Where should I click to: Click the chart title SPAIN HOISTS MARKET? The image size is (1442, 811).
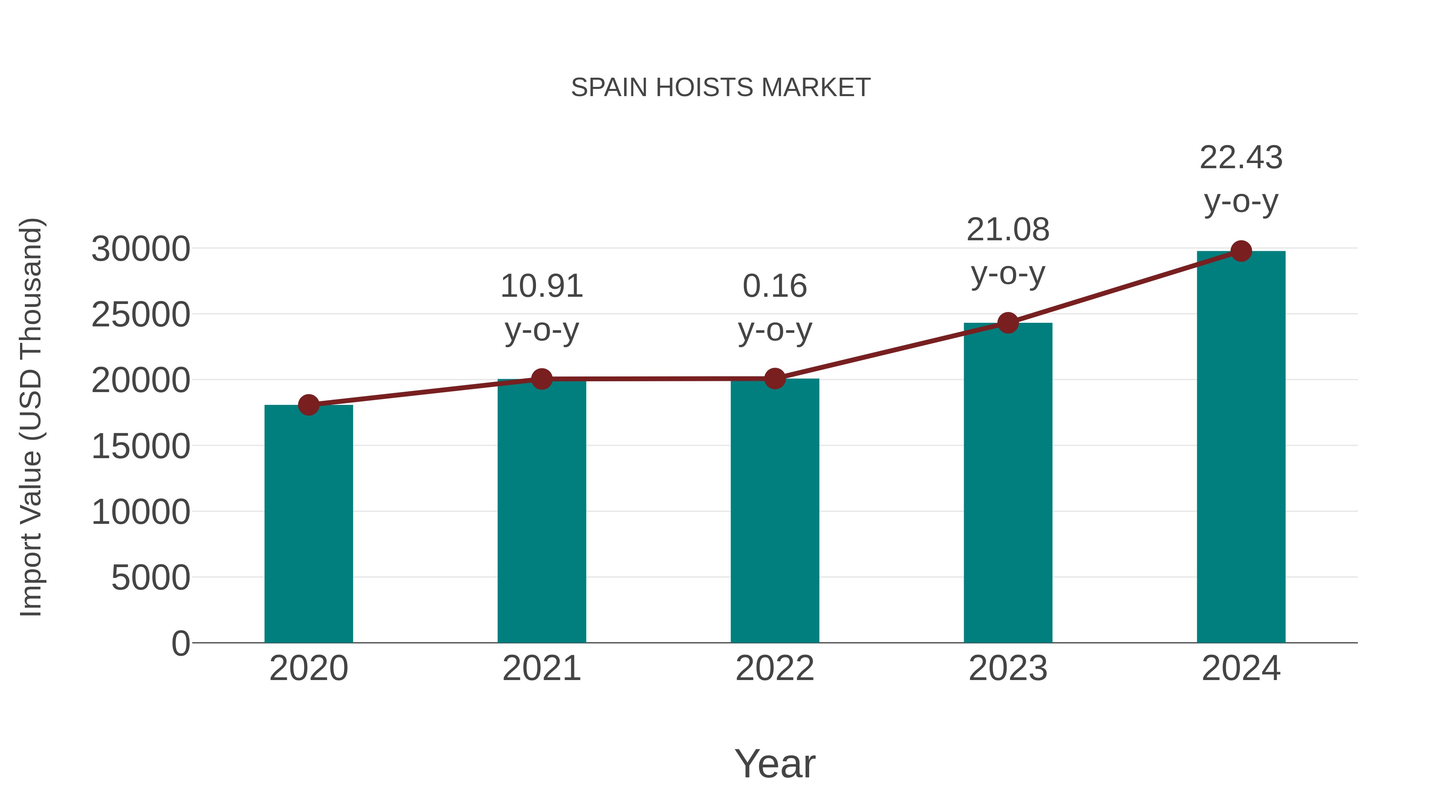[721, 88]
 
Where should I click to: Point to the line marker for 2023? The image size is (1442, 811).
[1008, 323]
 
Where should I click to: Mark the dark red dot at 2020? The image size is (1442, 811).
[308, 404]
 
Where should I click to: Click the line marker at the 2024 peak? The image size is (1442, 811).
[1241, 251]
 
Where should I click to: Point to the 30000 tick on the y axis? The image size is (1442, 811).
[141, 249]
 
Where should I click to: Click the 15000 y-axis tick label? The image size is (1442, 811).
[141, 447]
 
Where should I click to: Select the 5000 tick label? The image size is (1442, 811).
[151, 578]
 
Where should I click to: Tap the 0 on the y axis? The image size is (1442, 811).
[181, 644]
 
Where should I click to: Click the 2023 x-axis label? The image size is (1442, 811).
[1008, 668]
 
